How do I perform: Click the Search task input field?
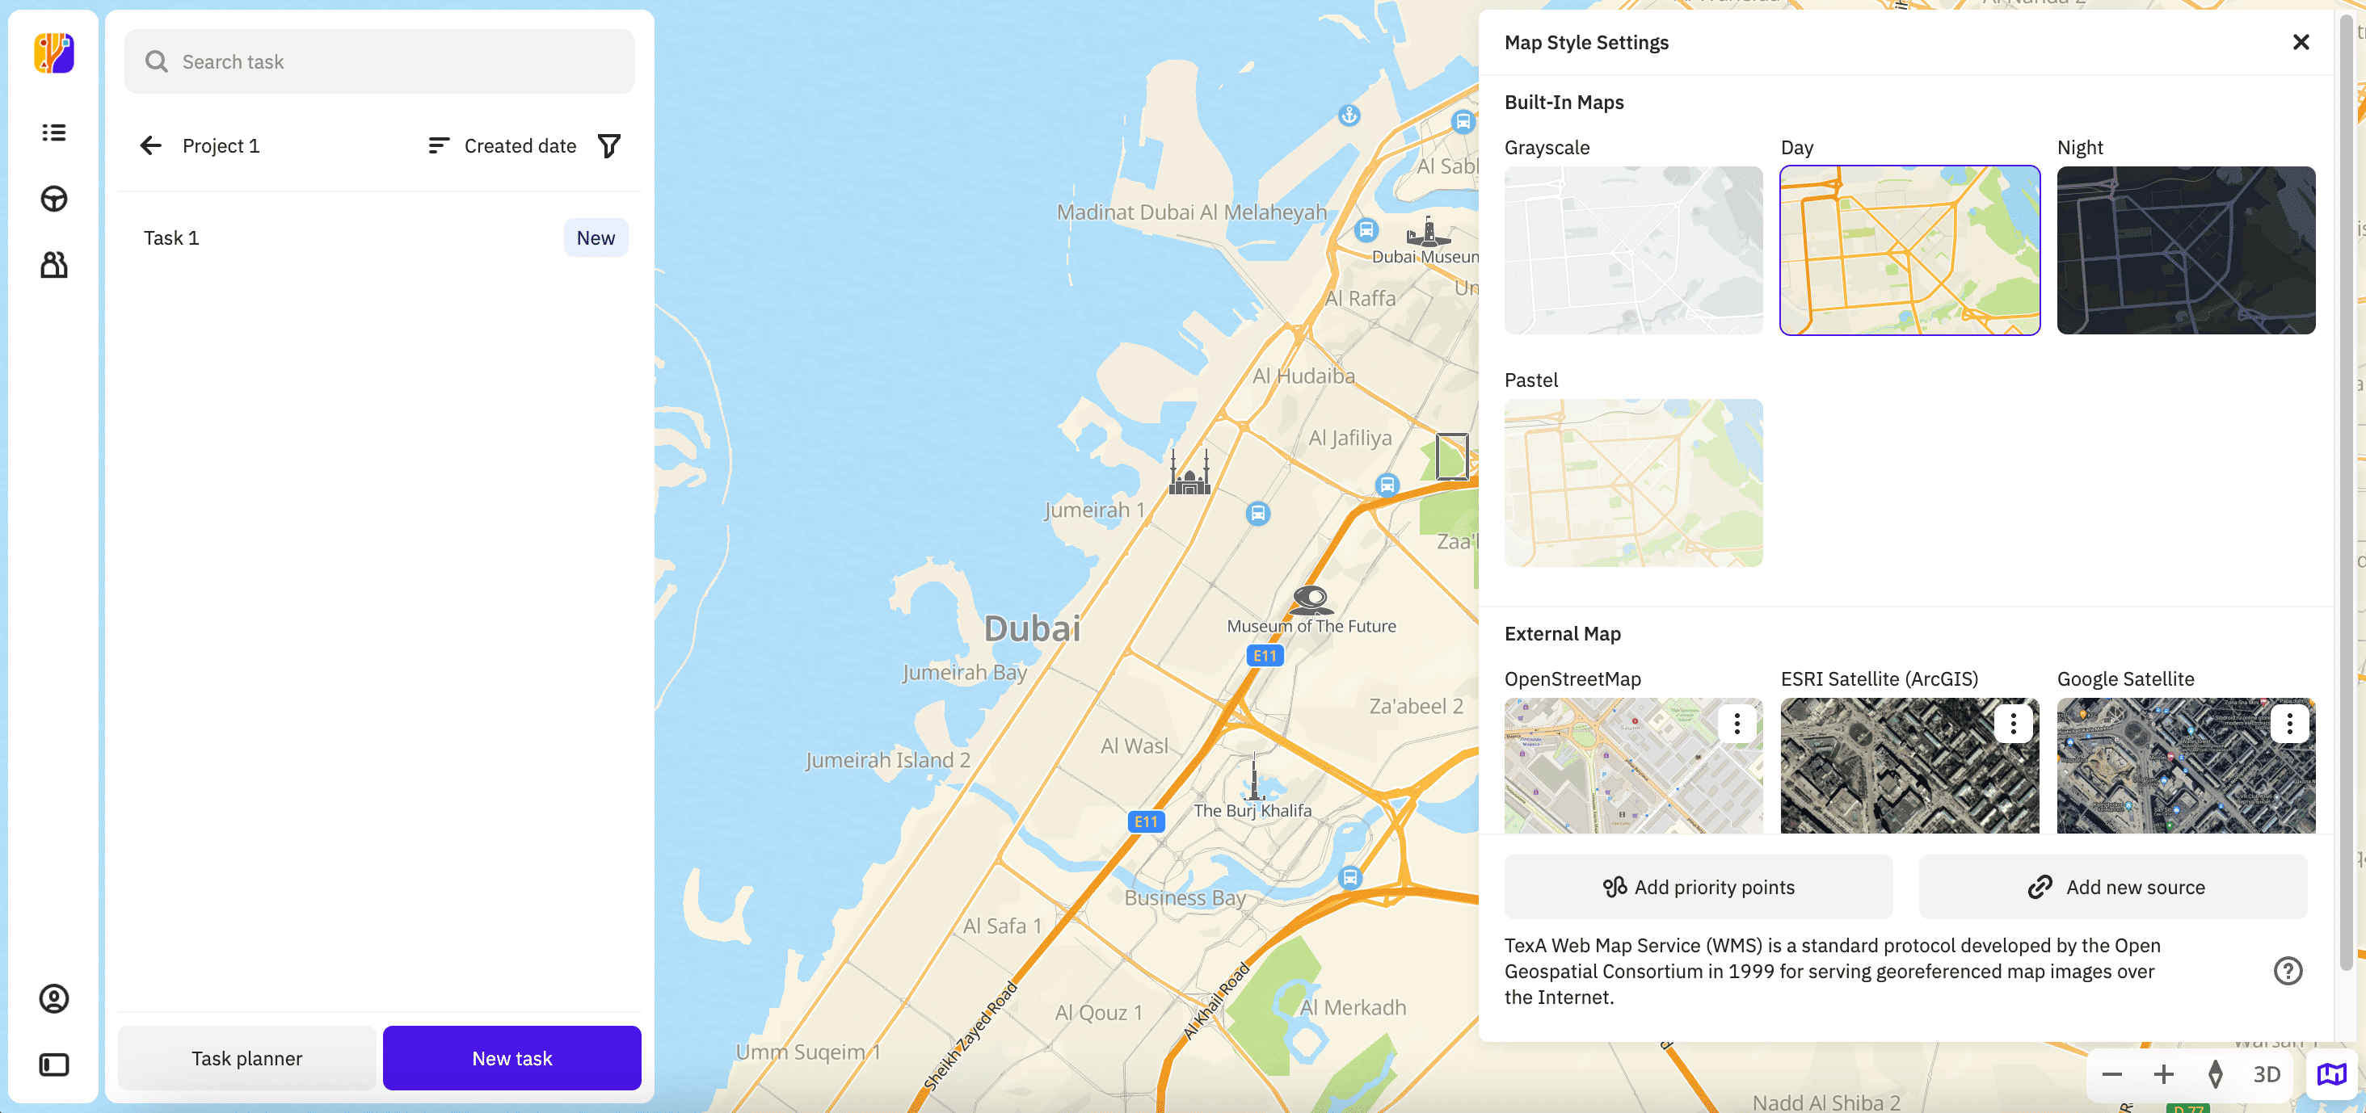coord(378,61)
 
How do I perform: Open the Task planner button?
coord(246,1058)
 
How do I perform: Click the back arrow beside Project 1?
coord(150,145)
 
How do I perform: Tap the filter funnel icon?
coord(609,145)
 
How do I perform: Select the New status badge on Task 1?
coord(596,237)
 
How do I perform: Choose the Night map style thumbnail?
coord(2185,250)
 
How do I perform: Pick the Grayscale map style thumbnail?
coord(1632,250)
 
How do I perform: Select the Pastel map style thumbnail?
coord(1632,482)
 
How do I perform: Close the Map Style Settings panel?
coord(2300,42)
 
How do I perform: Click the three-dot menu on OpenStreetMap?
coord(1736,724)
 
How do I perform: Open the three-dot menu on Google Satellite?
coord(2289,724)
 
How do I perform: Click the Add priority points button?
coord(1698,887)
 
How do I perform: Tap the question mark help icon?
coord(2287,971)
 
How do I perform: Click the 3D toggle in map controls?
coord(2266,1073)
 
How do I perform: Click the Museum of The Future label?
coord(1311,626)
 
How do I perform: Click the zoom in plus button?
coord(2163,1073)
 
